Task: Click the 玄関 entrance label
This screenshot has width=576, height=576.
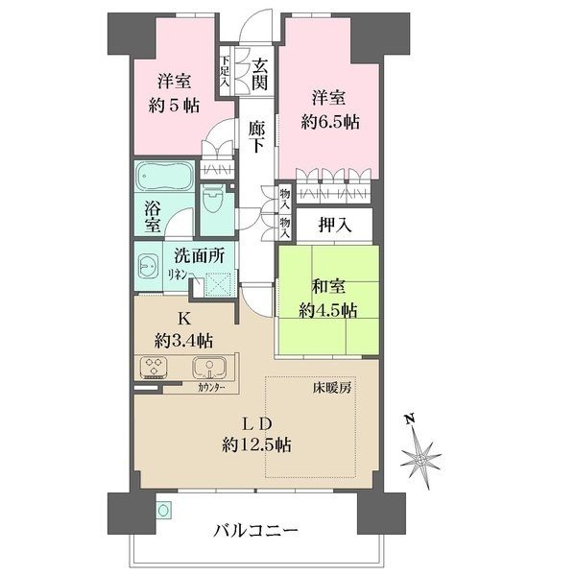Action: pyautogui.click(x=258, y=76)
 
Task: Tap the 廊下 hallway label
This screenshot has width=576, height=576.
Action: pyautogui.click(x=256, y=135)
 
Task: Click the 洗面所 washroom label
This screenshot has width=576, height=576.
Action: pyautogui.click(x=199, y=256)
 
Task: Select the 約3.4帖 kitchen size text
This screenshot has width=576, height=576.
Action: pyautogui.click(x=183, y=340)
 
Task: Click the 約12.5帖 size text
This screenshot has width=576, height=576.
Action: pyautogui.click(x=256, y=444)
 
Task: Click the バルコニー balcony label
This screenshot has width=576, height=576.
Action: pyautogui.click(x=256, y=530)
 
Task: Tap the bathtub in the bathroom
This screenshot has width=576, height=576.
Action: pyautogui.click(x=165, y=180)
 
